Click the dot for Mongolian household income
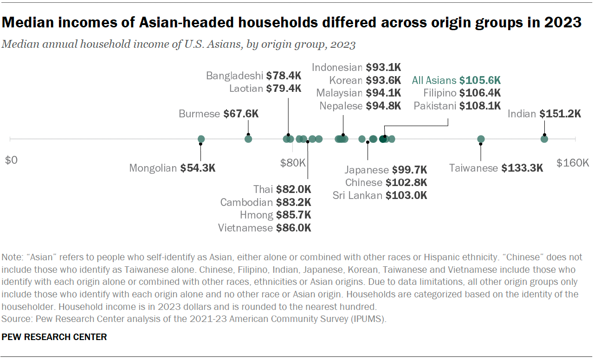201,139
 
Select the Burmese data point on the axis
248,139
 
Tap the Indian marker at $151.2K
544,139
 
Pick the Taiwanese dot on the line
481,139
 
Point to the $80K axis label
293,163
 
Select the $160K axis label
573,163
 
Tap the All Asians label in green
434,80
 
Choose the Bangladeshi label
235,76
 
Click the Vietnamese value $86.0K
293,228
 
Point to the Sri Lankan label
357,195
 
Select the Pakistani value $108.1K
480,105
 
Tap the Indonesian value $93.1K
383,67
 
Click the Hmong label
256,215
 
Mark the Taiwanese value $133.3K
522,168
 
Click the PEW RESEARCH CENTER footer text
54,337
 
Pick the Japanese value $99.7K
409,170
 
